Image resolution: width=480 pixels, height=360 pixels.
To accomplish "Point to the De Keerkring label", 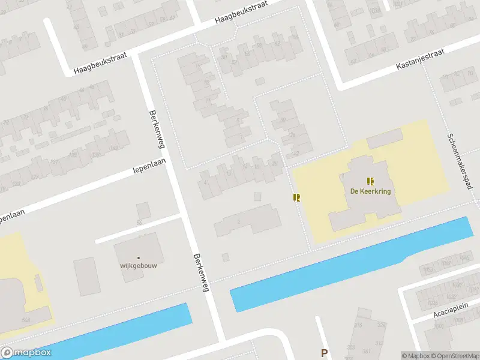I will (x=370, y=191).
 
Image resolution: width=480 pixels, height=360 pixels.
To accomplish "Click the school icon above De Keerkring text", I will (x=370, y=181).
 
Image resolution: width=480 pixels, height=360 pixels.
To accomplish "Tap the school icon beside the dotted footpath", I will (x=296, y=197).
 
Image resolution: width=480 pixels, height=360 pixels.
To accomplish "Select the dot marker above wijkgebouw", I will (x=138, y=257).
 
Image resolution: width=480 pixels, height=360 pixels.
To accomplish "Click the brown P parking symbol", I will (x=325, y=353).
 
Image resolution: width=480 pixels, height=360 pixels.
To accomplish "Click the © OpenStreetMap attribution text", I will (x=450, y=356).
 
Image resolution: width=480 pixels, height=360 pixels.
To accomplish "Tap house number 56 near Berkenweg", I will (x=139, y=223).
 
